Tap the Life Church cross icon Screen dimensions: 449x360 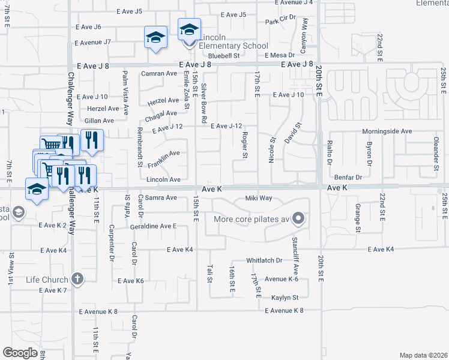click(77, 278)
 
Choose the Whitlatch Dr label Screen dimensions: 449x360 click(264, 260)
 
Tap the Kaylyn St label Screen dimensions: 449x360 click(285, 298)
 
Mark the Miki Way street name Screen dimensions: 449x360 click(259, 198)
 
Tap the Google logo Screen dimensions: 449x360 click(20, 353)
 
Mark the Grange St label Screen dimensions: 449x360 click(357, 218)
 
